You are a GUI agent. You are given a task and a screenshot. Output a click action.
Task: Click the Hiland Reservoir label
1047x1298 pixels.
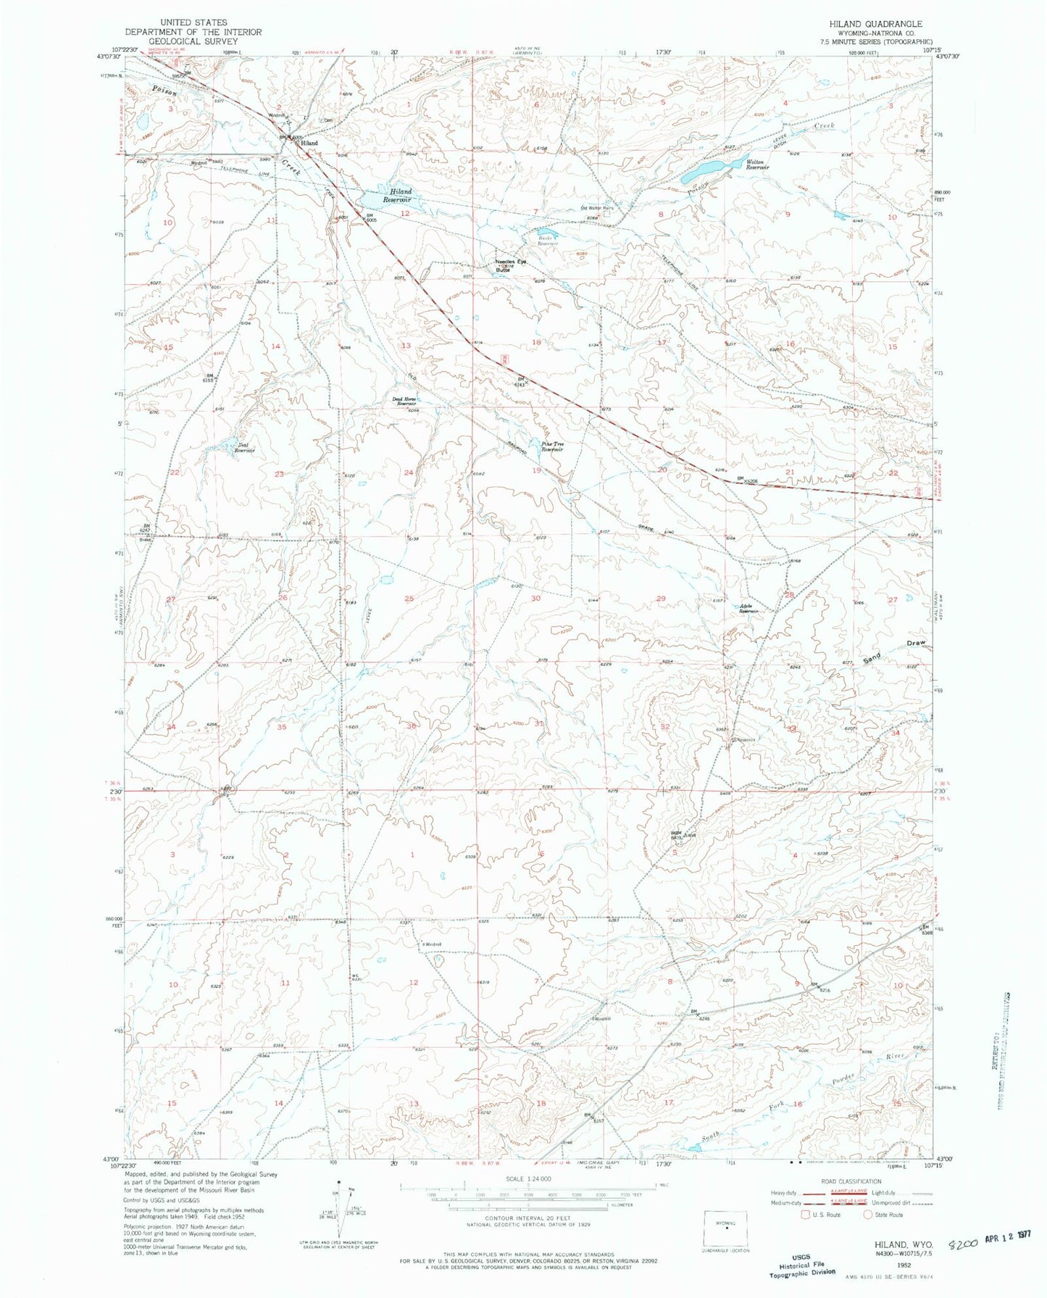397,196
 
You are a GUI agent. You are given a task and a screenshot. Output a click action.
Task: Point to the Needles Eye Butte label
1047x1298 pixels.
510,265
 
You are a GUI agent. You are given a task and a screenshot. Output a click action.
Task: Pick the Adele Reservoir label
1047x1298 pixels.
748,609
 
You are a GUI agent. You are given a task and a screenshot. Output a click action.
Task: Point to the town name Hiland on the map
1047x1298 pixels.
309,143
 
